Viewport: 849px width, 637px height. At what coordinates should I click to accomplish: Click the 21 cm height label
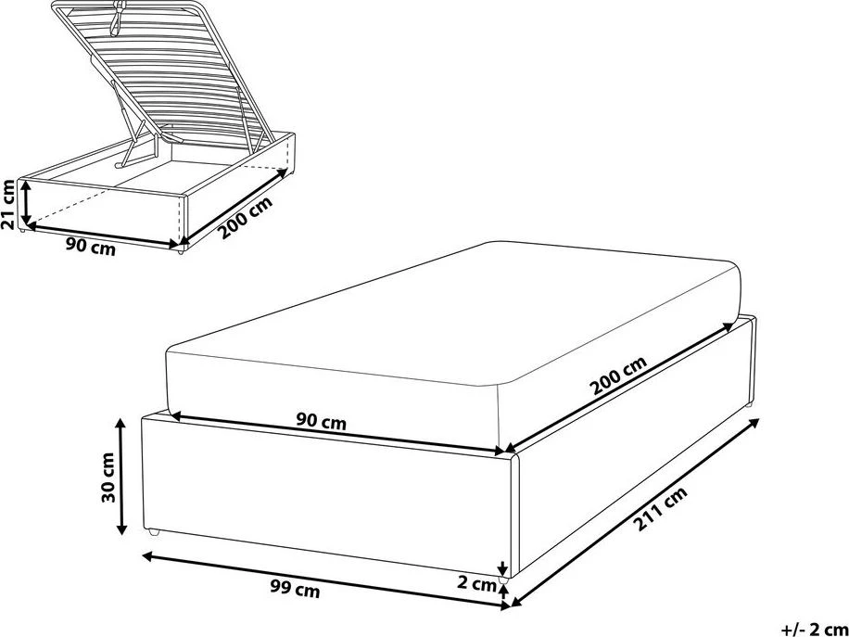point(8,204)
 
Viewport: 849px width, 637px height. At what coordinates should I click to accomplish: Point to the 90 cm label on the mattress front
point(321,421)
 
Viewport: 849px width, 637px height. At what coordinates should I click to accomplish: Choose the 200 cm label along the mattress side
point(618,376)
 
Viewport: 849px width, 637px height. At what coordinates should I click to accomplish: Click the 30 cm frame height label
point(108,477)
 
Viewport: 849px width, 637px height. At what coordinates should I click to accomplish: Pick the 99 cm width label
point(294,590)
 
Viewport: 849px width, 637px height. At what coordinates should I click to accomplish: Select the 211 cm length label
point(660,509)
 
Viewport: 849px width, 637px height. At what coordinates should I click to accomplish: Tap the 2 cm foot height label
point(476,584)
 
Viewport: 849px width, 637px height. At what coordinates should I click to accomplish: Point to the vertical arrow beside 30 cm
point(121,476)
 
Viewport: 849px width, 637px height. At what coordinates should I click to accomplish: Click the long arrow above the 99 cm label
point(326,581)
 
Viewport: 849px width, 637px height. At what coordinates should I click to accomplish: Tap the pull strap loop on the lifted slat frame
point(116,19)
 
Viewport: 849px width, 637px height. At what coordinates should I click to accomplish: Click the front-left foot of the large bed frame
point(154,533)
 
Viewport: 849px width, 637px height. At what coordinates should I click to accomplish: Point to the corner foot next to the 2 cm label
point(503,580)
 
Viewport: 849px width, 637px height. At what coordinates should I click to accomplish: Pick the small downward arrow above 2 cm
point(503,568)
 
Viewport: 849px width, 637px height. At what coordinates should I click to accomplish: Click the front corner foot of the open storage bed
point(180,250)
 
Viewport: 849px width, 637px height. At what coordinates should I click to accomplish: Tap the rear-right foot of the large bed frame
point(749,404)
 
